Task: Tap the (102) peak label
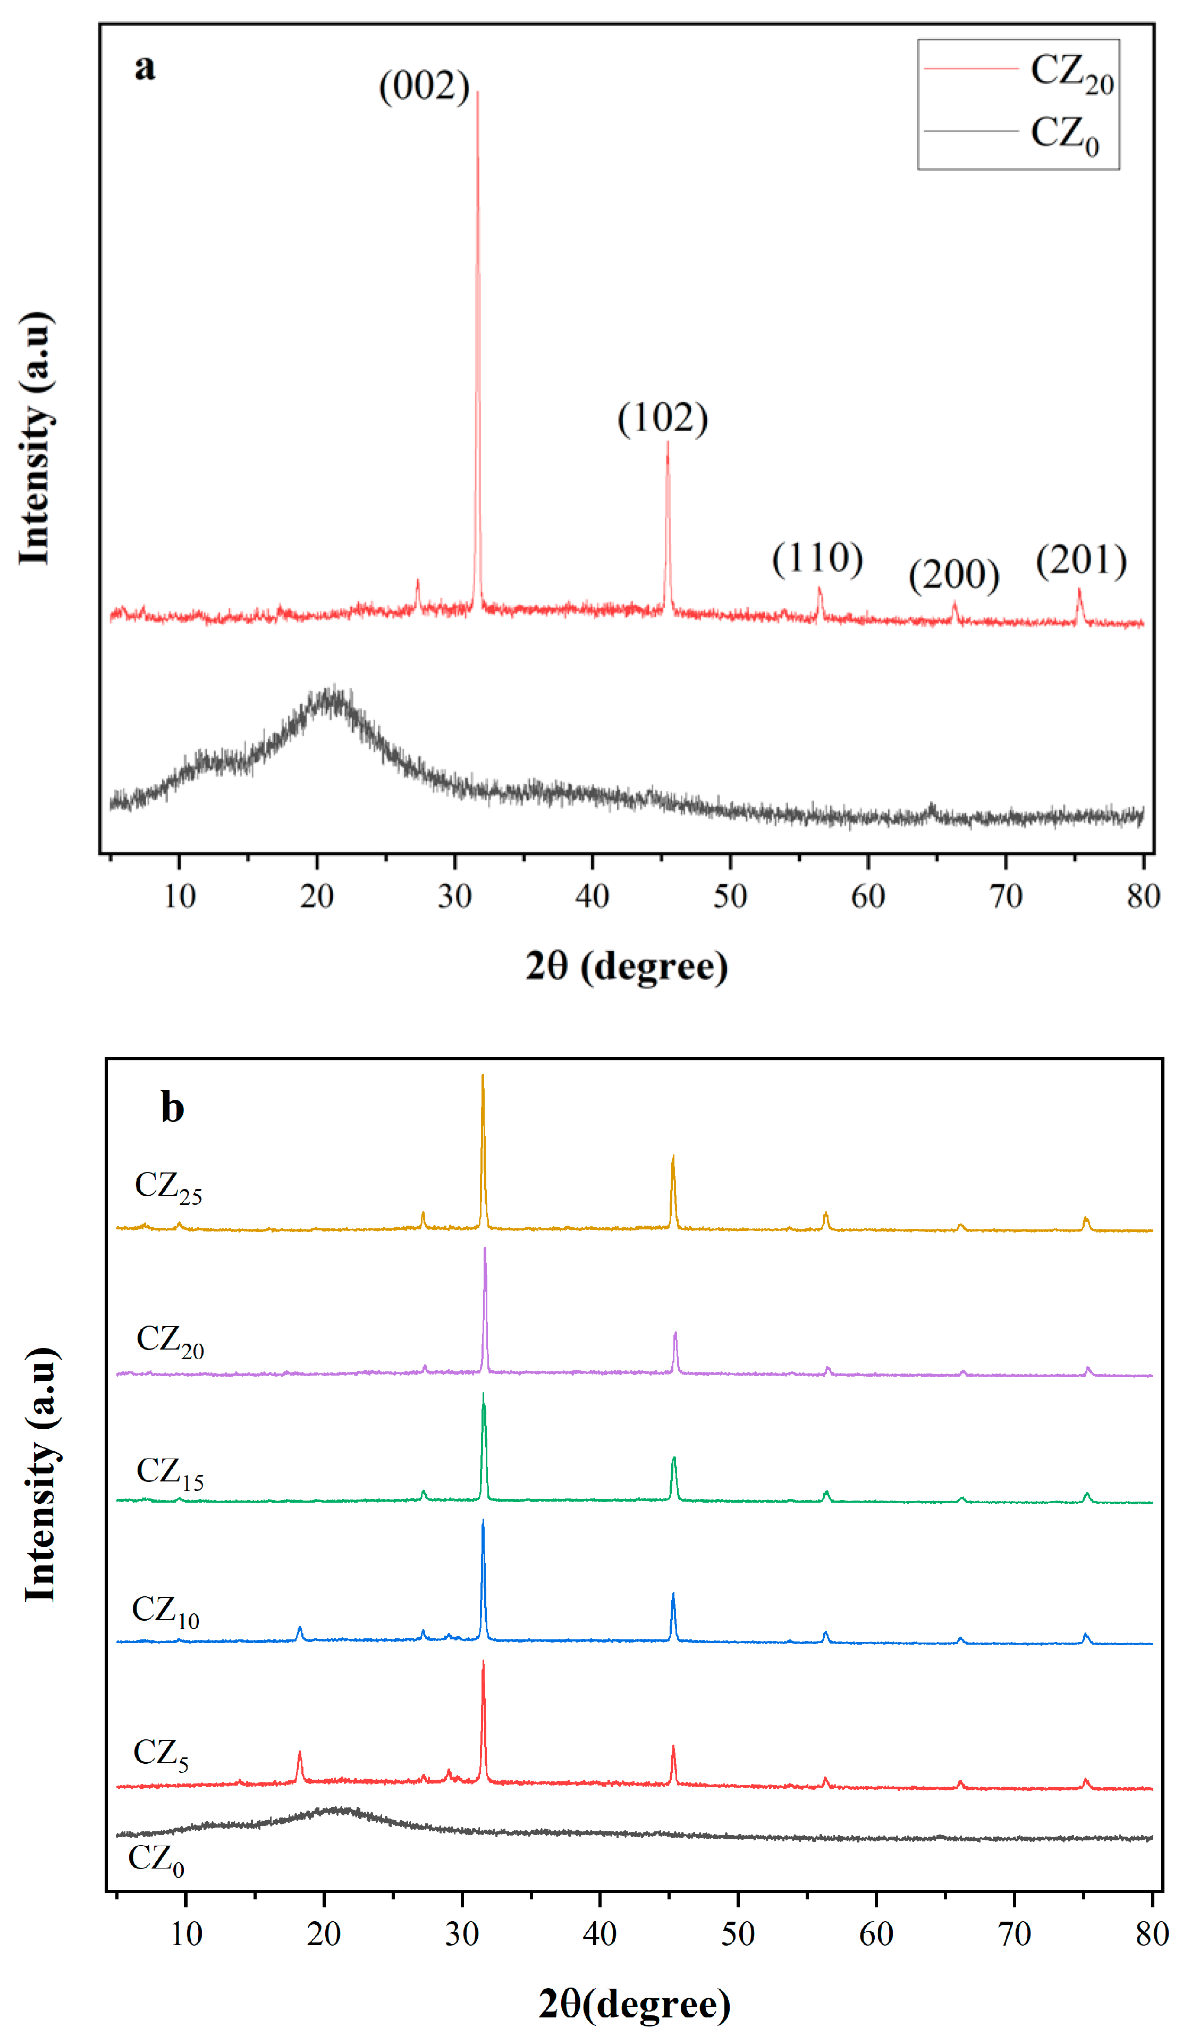662,418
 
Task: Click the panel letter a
145,66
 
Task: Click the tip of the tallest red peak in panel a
478,93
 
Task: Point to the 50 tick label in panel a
730,897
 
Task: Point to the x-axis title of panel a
626,966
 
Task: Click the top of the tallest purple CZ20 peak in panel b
485,1249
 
